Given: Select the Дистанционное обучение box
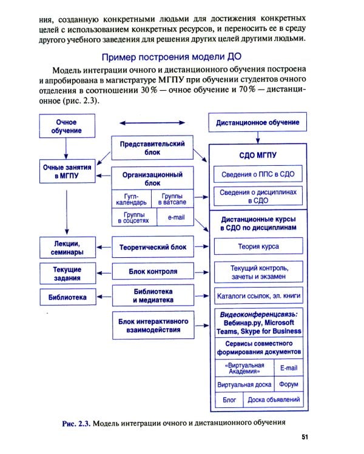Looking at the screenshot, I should coord(258,122).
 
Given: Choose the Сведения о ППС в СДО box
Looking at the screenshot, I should coord(257,174).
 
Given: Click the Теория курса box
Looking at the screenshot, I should coord(257,247).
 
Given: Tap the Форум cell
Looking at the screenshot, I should coord(288,384).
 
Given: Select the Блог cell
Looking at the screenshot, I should coord(229,400).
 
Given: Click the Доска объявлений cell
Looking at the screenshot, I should coord(272,400).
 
